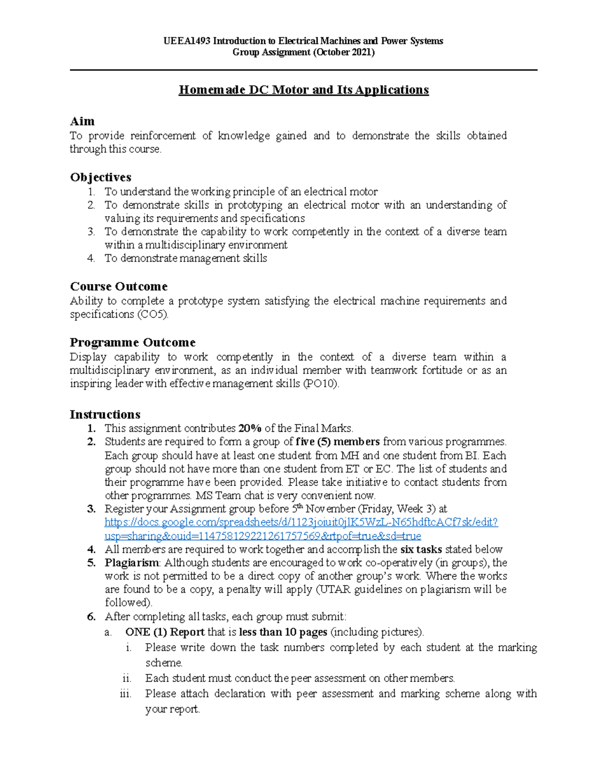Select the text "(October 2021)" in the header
coord(344,53)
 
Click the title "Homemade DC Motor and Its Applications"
coord(303,90)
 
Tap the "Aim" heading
coord(82,121)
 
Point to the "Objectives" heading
coord(101,178)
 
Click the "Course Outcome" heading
coord(119,287)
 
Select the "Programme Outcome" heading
coord(132,343)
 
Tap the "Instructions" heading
coord(105,415)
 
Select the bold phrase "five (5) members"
coord(338,442)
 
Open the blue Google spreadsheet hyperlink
coord(301,523)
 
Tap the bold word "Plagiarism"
coord(132,563)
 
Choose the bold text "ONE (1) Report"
coord(165,632)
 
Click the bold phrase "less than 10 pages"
coord(283,632)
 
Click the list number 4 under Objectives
coord(91,258)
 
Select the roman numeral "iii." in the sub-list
coord(125,694)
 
